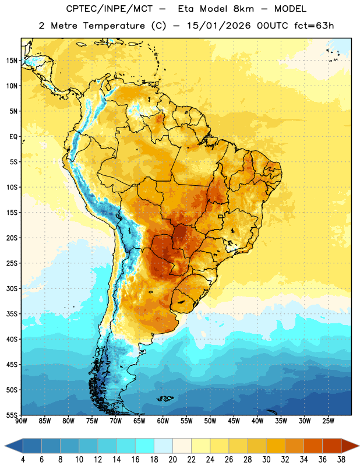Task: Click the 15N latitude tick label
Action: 12,61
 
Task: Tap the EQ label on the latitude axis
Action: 13,137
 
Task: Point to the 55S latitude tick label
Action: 12,415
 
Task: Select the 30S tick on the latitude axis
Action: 12,288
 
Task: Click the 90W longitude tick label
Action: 21,421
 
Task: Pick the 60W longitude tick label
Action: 163,421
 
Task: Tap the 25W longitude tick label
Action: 328,421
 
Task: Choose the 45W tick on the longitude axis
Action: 234,421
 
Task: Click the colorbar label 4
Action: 23,460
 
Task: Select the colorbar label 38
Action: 341,460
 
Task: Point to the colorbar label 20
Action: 172,460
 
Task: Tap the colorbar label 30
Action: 266,460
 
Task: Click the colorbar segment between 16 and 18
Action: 144,446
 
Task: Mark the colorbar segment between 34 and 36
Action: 313,446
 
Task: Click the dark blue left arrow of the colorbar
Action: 13,446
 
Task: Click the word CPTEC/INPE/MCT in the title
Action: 109,9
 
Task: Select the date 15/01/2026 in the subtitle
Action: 219,26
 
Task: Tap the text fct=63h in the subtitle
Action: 314,26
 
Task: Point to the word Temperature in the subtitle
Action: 114,26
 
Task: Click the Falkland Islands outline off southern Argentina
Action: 165,398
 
